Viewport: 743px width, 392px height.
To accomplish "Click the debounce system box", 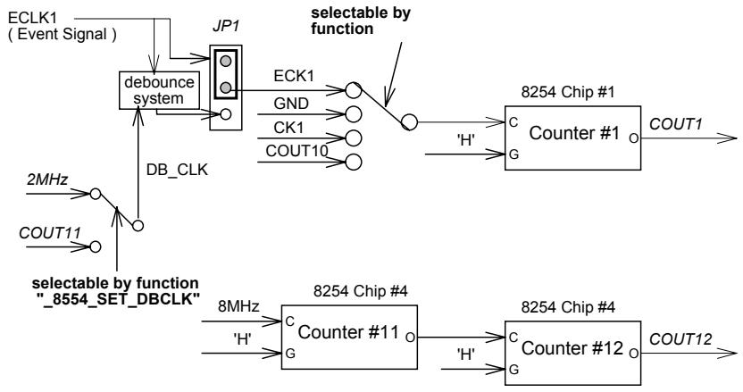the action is coord(159,90).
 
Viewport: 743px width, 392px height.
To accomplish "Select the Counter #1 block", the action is coord(572,138).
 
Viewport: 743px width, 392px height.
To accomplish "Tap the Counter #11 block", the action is coord(349,337).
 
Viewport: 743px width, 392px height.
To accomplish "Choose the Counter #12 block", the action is coord(572,353).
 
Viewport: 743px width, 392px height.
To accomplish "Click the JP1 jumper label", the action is coord(226,27).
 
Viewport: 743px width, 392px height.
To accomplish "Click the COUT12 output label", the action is coord(680,339).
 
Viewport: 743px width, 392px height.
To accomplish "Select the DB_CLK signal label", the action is coord(177,171).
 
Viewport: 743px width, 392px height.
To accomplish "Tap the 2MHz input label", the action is coord(47,179).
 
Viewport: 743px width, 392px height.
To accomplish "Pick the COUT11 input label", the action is coord(50,233).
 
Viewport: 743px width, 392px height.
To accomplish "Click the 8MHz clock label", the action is coord(238,306).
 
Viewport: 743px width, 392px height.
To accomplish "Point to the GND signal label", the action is coord(291,104).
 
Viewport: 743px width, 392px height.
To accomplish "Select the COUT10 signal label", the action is coord(296,151).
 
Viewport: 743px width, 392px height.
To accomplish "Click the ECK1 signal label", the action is coord(294,76).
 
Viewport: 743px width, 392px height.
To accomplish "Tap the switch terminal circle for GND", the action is coord(354,114).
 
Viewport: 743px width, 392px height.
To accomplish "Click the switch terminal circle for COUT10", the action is coord(354,163).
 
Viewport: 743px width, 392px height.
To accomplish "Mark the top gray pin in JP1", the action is coord(226,61).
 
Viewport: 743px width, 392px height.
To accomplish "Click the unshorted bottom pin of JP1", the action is coord(226,114).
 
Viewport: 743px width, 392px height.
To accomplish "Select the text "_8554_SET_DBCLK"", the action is coord(118,299).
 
